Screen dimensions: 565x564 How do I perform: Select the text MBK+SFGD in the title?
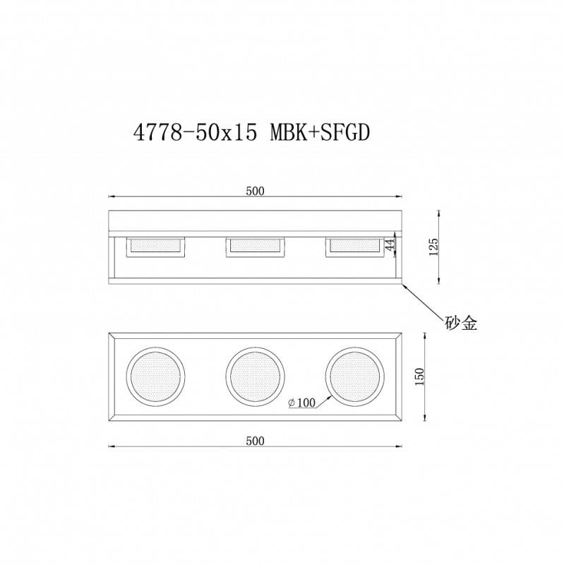320,133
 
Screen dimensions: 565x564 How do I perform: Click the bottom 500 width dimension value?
255,441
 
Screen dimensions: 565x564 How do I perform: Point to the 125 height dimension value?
433,246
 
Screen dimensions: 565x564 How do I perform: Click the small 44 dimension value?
389,245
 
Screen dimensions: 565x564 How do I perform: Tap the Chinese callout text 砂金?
461,323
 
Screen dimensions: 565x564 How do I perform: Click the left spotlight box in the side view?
155,246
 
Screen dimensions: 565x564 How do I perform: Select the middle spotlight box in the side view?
255,246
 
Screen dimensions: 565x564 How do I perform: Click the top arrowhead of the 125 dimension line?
440,211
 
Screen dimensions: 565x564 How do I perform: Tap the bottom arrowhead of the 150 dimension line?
424,422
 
